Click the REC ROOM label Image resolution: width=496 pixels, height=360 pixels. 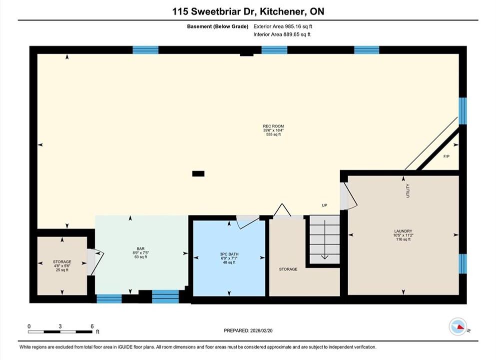point(273,126)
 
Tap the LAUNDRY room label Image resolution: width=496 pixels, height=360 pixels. point(403,231)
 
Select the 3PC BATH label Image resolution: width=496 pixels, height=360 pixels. point(229,254)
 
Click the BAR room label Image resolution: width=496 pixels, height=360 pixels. point(140,249)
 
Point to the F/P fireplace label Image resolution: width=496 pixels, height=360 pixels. point(447,156)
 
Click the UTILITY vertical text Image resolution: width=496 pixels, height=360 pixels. point(408,190)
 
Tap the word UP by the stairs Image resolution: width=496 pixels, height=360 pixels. point(325,205)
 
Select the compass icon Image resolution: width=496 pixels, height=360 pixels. point(458,326)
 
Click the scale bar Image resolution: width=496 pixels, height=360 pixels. point(60,332)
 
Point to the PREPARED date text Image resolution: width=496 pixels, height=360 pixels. point(248,330)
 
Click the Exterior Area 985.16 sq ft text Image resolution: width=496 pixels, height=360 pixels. point(283,26)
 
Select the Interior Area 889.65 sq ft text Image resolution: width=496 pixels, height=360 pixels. point(282,34)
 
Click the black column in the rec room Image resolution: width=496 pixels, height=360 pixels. point(198,173)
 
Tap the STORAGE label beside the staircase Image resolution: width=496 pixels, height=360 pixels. point(288,269)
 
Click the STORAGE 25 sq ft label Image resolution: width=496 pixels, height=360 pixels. point(62,266)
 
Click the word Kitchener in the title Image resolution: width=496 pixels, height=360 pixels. point(283,11)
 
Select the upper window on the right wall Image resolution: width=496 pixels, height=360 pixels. point(463,111)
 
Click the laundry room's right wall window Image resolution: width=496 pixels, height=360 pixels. point(463,263)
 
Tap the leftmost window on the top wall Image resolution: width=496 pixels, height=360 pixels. point(145,50)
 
